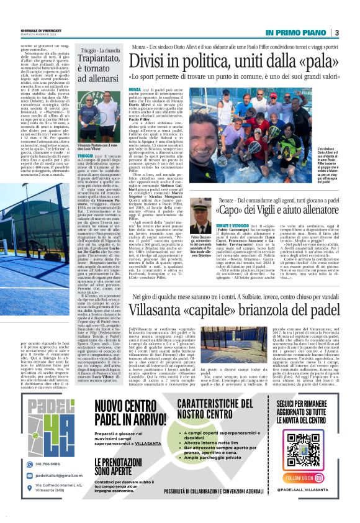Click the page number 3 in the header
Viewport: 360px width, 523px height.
[x=336, y=33]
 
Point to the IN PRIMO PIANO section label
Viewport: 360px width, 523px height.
[x=294, y=32]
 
